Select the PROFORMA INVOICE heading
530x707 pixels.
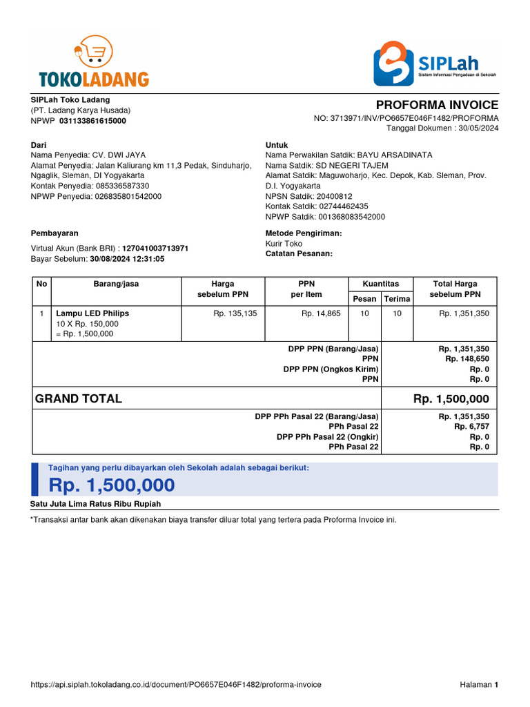click(437, 105)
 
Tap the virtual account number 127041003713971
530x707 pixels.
click(155, 249)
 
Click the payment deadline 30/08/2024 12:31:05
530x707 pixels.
click(127, 259)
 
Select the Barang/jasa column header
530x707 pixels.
click(116, 284)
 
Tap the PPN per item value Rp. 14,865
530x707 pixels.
click(321, 313)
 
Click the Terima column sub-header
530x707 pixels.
click(397, 299)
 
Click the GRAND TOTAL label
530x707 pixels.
click(79, 399)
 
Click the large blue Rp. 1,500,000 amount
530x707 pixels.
click(112, 485)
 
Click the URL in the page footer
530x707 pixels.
click(176, 685)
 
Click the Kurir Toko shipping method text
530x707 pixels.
click(284, 244)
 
